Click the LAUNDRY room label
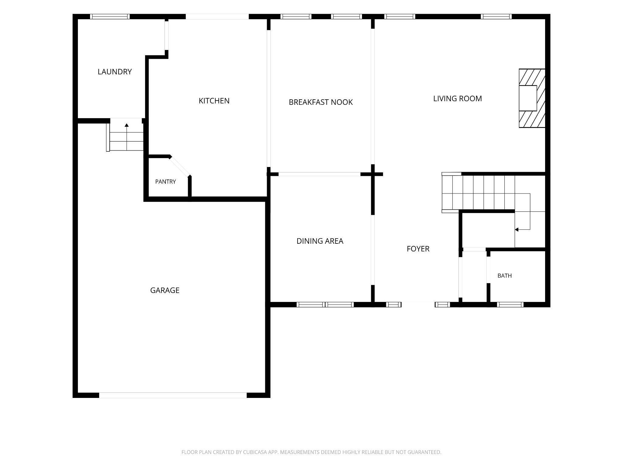[115, 72]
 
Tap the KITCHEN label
[214, 101]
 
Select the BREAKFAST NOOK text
[321, 102]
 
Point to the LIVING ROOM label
[458, 98]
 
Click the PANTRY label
[165, 182]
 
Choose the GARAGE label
[165, 290]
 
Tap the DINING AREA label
[320, 241]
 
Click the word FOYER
[418, 249]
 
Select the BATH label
[505, 276]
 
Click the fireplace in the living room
[532, 98]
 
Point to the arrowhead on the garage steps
[127, 125]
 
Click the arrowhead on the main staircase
[517, 229]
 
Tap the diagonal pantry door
[180, 166]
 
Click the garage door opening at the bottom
[173, 395]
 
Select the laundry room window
[110, 16]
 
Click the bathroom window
[510, 304]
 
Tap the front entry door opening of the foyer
[418, 304]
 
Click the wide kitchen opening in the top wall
[217, 16]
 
